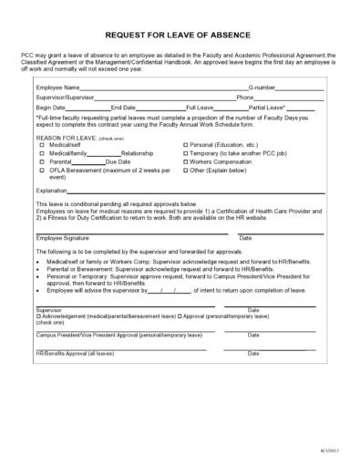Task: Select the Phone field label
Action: [x=245, y=98]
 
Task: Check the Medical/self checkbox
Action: [x=41, y=145]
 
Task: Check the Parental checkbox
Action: [x=41, y=161]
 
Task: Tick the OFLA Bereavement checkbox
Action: [x=41, y=170]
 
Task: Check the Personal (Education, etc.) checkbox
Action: [x=186, y=145]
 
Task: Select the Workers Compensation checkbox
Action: [x=186, y=161]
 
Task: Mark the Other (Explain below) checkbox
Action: [x=186, y=170]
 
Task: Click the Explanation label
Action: [x=51, y=191]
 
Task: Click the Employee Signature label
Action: [x=63, y=237]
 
